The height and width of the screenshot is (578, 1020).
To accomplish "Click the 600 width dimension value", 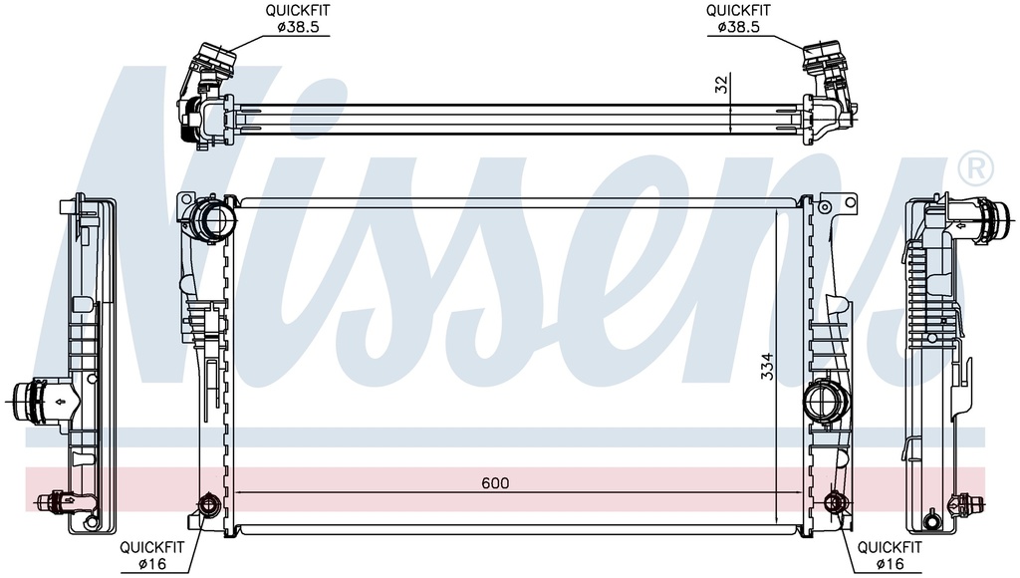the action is [x=495, y=483].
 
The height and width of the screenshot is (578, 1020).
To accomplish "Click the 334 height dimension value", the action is [x=768, y=367].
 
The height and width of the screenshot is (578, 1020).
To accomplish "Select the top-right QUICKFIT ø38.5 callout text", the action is [x=738, y=19].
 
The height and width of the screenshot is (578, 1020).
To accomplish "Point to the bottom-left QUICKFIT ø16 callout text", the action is [x=151, y=554].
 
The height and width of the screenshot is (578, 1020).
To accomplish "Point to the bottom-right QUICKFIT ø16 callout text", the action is [x=890, y=554].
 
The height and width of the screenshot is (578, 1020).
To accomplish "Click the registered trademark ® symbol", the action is [x=976, y=168].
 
